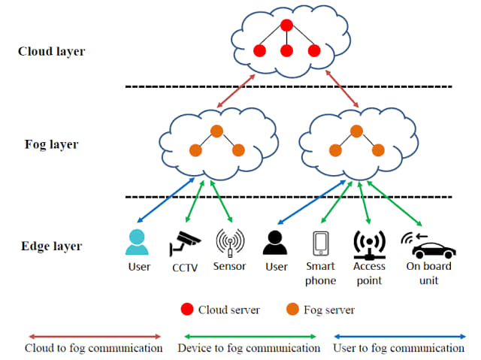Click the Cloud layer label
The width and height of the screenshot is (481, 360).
coord(51,52)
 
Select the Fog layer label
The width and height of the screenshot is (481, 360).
coord(51,144)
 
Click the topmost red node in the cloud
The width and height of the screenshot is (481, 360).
coord(286,26)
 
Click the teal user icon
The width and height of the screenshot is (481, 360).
coord(138,242)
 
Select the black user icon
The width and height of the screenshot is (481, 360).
coord(275,242)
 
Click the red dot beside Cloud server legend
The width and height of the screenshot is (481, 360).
coord(186,309)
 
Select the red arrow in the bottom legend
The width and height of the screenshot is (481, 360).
coord(95,336)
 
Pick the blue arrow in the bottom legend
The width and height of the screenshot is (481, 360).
coord(399,336)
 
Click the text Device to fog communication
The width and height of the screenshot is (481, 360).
coord(249,348)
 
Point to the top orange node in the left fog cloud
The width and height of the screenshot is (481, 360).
coord(216,132)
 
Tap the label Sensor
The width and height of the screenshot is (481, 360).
coord(229,267)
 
